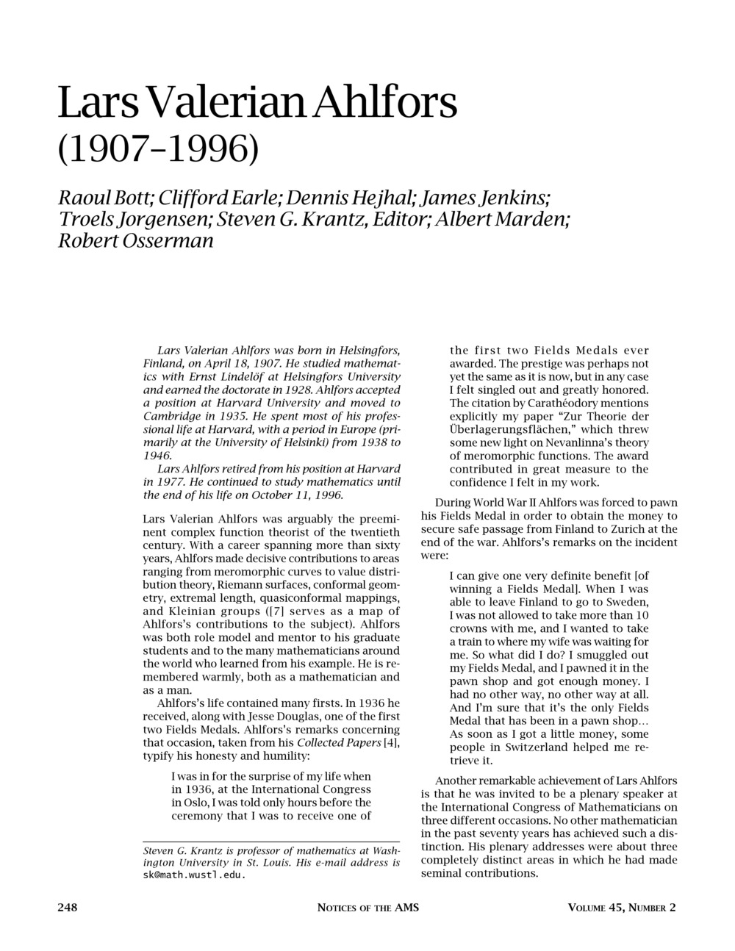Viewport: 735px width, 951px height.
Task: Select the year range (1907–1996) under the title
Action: click(158, 149)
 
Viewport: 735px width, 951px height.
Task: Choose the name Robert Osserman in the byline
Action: click(136, 240)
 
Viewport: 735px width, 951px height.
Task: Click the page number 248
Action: click(68, 907)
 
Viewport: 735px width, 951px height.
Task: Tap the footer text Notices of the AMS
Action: click(367, 908)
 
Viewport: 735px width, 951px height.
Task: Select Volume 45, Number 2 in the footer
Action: click(622, 908)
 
